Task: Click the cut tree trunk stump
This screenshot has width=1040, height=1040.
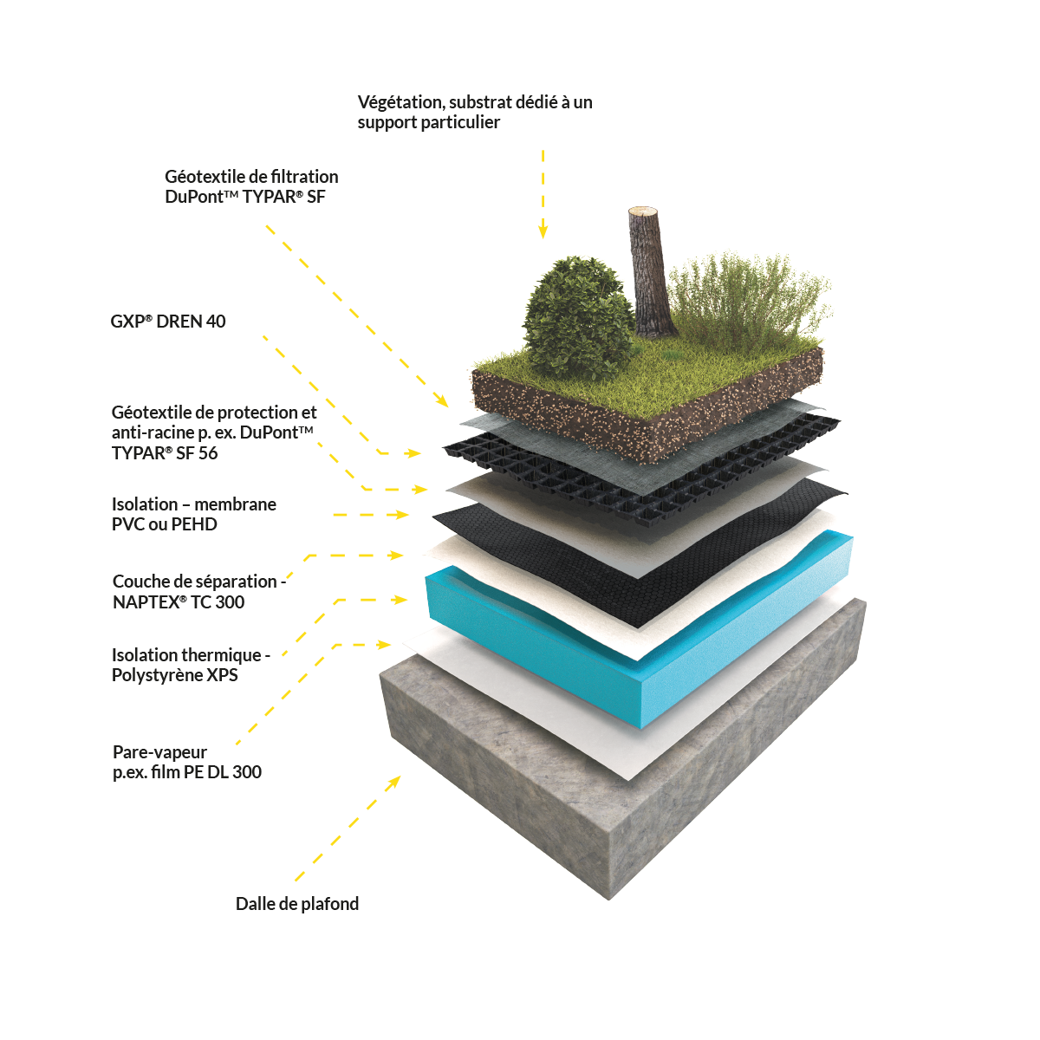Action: tap(652, 272)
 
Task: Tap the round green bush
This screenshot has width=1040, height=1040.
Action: tap(578, 318)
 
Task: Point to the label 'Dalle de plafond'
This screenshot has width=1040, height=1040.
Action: tap(297, 903)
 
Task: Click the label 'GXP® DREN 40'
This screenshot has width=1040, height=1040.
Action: tap(168, 322)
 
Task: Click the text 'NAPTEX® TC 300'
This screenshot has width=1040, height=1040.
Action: tap(179, 601)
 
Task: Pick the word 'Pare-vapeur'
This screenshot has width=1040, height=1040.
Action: tap(159, 751)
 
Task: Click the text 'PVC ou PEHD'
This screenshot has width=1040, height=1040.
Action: tap(164, 524)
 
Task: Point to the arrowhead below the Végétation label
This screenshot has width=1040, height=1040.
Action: tap(543, 231)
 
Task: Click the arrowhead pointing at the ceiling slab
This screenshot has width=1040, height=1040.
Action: tap(395, 782)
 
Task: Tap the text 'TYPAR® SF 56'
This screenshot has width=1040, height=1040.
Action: tap(165, 452)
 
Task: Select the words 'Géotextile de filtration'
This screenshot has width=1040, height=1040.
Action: tap(251, 177)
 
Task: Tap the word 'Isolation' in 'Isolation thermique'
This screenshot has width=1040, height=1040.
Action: tap(145, 655)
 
